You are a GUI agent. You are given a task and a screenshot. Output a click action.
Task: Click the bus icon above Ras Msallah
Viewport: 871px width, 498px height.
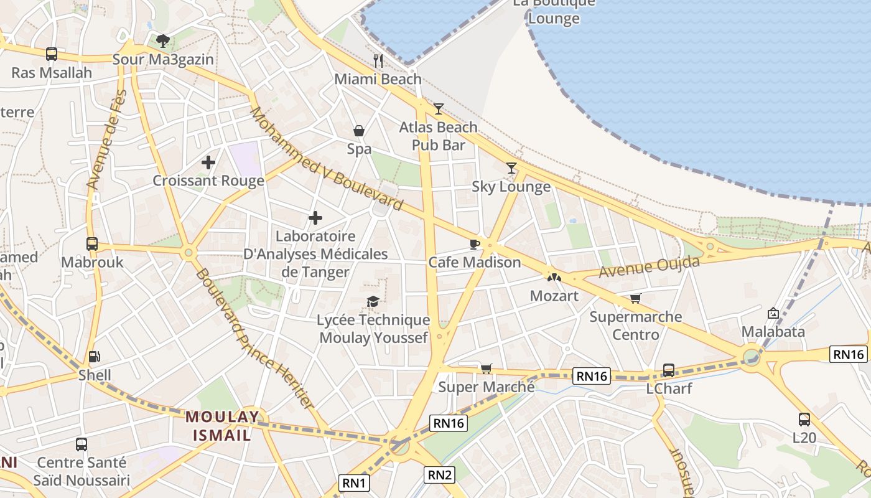click(x=52, y=54)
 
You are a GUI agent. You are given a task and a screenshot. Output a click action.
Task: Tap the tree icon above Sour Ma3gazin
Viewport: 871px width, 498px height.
click(x=163, y=41)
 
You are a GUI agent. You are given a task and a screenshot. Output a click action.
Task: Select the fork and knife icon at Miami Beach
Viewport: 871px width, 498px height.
click(x=378, y=60)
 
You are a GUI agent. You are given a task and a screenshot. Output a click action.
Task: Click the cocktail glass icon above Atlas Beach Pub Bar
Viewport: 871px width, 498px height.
click(x=439, y=109)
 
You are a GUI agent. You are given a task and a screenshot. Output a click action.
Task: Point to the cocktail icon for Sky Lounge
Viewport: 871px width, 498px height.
click(x=511, y=167)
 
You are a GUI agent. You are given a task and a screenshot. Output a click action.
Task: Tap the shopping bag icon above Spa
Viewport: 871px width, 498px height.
click(x=359, y=131)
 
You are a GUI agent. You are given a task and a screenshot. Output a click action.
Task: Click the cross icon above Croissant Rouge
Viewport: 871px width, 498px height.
click(x=208, y=163)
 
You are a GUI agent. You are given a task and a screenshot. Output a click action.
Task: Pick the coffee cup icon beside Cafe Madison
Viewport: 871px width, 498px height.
click(x=475, y=244)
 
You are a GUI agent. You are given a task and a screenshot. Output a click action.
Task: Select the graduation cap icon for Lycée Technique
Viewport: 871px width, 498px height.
click(x=373, y=302)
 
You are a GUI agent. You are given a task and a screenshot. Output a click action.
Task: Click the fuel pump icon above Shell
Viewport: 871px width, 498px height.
click(x=95, y=357)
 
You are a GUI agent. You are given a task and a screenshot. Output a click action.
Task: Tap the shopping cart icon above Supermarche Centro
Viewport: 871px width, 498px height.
click(x=635, y=299)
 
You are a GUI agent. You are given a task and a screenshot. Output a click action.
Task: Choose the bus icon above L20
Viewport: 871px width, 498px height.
click(x=804, y=420)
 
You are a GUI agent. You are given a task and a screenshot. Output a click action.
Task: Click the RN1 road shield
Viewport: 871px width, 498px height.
click(x=355, y=482)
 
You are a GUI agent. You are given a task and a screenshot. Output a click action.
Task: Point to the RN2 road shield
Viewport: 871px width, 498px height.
click(x=440, y=475)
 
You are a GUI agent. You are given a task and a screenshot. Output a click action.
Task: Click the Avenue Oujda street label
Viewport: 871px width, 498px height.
click(x=649, y=267)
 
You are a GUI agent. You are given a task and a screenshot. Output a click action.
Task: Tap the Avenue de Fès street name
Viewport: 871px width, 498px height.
click(x=106, y=140)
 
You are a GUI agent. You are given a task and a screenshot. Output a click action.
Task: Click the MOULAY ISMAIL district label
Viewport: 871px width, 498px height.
click(x=222, y=426)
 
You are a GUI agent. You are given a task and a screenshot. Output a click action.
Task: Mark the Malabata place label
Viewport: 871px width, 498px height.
click(x=773, y=331)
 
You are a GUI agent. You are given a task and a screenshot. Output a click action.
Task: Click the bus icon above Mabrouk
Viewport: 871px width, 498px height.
click(x=92, y=244)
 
